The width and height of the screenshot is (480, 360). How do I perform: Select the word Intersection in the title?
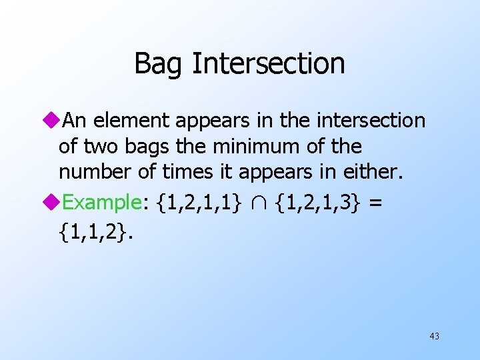(x=268, y=64)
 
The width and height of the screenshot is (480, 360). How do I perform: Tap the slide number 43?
(x=434, y=336)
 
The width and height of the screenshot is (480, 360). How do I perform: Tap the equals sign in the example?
(x=375, y=203)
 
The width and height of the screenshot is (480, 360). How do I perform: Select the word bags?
(x=154, y=147)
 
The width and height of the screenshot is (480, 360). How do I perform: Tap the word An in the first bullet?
(x=79, y=121)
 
